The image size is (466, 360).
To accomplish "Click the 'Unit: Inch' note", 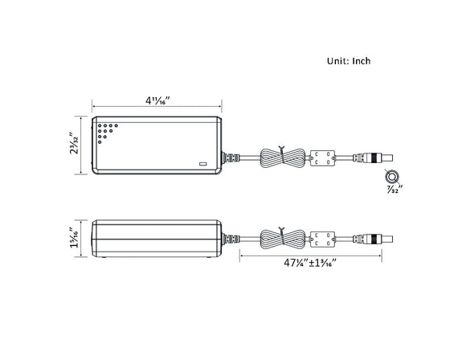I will pyautogui.click(x=349, y=60).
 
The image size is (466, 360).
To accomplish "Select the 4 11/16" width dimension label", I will pyautogui.click(x=157, y=100).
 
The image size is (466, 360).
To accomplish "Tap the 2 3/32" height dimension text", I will pyautogui.click(x=74, y=145).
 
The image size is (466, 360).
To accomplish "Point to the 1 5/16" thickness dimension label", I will pyautogui.click(x=74, y=239).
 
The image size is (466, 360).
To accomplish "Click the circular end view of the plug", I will pyautogui.click(x=393, y=176).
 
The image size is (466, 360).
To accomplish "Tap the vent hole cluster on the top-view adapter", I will pyautogui.click(x=106, y=132).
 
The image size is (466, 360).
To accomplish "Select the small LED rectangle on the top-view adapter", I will pyautogui.click(x=202, y=164).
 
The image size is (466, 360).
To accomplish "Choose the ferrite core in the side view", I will pyautogui.click(x=323, y=239).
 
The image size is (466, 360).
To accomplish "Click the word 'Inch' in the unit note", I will pyautogui.click(x=360, y=60).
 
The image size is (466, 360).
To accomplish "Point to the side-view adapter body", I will pyautogui.click(x=157, y=239).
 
